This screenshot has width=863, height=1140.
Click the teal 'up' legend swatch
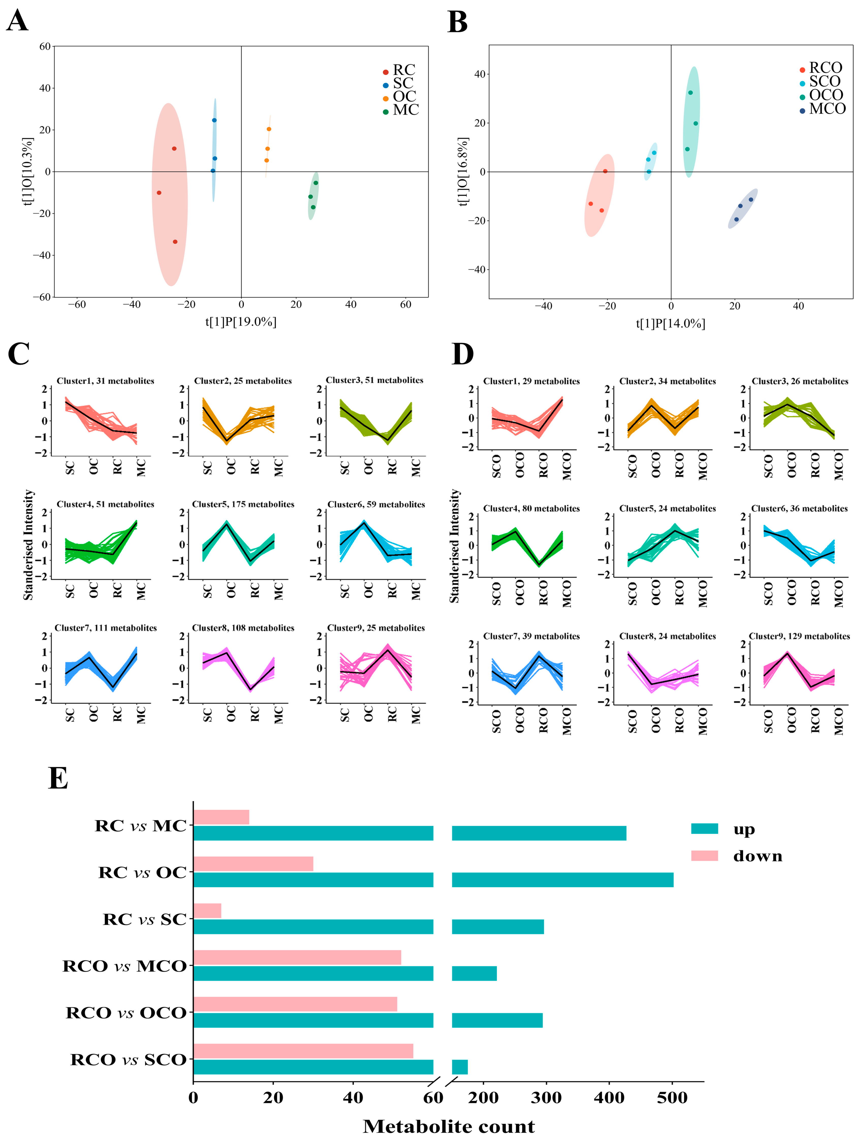(x=704, y=829)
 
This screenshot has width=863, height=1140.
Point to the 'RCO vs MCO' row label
(x=124, y=966)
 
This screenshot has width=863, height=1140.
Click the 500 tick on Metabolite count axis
(x=672, y=1098)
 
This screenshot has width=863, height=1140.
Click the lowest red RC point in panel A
(x=175, y=242)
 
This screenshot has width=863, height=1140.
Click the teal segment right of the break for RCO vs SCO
(x=460, y=1067)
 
